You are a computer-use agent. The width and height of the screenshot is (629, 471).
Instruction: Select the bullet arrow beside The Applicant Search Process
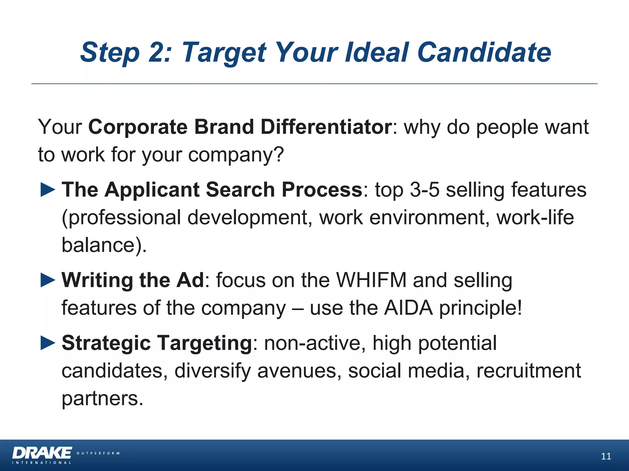(x=48, y=190)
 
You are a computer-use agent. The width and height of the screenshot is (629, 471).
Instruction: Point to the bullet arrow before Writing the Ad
(x=48, y=280)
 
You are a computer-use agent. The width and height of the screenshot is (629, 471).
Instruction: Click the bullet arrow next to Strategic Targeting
(x=48, y=343)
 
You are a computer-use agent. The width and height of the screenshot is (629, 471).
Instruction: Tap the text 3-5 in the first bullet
(x=424, y=190)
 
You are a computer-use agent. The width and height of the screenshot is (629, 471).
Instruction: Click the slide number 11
(x=606, y=456)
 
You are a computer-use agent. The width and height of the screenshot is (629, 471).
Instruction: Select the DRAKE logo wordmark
(x=42, y=453)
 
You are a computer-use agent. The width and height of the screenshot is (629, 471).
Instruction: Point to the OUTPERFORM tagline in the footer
(x=98, y=453)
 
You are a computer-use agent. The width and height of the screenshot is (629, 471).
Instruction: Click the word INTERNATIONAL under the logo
(x=42, y=463)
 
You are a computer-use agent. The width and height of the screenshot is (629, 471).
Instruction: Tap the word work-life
(x=535, y=217)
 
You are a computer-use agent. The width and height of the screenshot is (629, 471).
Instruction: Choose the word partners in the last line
(x=102, y=398)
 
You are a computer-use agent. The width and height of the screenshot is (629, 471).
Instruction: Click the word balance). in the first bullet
(x=104, y=245)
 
